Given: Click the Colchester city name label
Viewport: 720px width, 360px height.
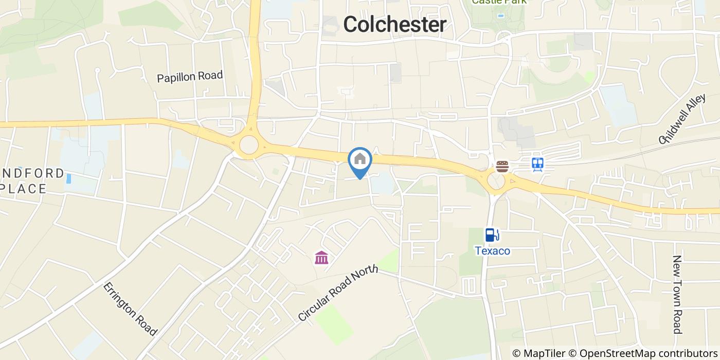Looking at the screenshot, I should coord(394,24).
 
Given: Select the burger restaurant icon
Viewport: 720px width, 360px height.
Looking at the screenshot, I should coord(502,166).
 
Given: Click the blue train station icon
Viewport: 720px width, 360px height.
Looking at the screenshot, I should coord(538,164).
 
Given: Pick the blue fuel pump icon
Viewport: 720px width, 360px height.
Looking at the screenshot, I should coord(492,235).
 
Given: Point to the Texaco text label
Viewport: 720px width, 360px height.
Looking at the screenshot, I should coord(492,251).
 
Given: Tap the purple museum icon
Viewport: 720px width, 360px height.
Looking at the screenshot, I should coord(321,257).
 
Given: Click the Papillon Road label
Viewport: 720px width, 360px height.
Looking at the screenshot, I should coord(190,77).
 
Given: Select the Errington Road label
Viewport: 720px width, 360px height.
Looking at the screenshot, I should coord(130,309).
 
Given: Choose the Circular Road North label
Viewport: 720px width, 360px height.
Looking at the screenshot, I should coord(338,293).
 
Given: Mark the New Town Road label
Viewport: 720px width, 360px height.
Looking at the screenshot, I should coord(677,294).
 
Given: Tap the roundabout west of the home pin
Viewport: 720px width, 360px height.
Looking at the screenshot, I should coord(249,145).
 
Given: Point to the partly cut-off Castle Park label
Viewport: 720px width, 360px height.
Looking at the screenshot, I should coord(499,2).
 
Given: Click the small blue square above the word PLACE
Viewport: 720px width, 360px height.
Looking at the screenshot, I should coord(69,178).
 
